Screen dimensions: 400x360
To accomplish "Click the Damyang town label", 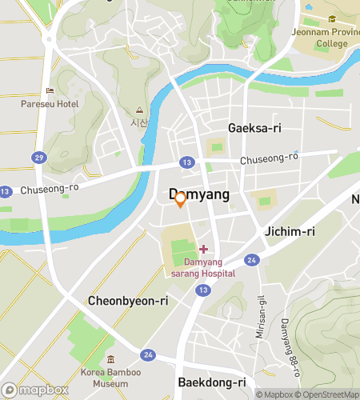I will tap(198, 194).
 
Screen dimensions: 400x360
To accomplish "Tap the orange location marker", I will tap(181, 199).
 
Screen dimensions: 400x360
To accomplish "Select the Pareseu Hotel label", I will tap(50, 104).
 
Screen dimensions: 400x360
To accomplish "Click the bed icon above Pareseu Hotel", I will tap(50, 90).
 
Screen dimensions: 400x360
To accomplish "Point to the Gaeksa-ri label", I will tap(254, 128).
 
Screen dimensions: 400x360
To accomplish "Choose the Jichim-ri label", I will tap(290, 231).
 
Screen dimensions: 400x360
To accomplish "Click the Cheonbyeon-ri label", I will tap(128, 301).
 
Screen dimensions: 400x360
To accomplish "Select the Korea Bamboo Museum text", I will tap(110, 378).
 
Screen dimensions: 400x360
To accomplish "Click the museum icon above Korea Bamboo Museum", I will tap(110, 358).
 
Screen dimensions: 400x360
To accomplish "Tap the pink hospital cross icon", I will tap(203, 249).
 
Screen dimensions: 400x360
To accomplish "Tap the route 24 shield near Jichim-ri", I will tap(251, 260).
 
